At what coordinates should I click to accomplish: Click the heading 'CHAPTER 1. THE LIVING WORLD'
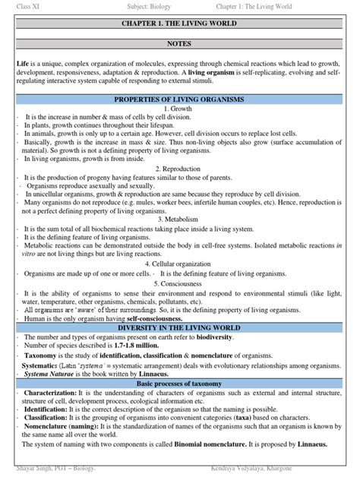(180, 24)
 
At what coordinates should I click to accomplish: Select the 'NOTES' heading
(180, 45)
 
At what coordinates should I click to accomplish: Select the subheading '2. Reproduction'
(180, 168)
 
